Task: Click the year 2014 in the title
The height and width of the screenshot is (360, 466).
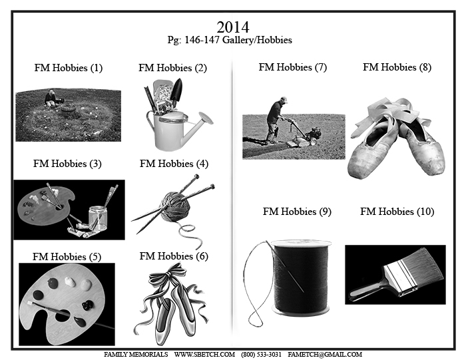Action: tap(233, 27)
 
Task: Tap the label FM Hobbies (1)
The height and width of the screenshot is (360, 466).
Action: tap(69, 68)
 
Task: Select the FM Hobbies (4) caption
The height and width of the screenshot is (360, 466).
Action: tap(174, 164)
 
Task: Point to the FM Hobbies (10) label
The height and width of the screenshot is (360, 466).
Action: tap(397, 212)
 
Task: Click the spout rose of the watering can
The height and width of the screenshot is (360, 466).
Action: tap(206, 118)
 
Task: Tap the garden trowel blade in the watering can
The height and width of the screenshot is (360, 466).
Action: tap(176, 88)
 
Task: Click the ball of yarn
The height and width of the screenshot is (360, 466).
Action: tap(175, 206)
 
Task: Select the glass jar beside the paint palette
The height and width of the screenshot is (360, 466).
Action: tap(98, 218)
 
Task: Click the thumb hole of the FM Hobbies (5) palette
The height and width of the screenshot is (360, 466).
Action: tap(63, 315)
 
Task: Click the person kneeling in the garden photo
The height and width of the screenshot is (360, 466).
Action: tap(51, 99)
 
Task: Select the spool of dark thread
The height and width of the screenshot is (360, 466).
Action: tap(301, 277)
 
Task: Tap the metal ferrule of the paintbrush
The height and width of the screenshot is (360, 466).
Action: tap(401, 279)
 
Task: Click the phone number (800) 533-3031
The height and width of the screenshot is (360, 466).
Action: tap(261, 355)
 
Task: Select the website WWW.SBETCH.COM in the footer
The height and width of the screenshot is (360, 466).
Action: tap(204, 355)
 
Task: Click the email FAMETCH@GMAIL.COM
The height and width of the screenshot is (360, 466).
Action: tap(325, 355)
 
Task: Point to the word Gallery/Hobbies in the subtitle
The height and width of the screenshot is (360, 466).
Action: tap(257, 40)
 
